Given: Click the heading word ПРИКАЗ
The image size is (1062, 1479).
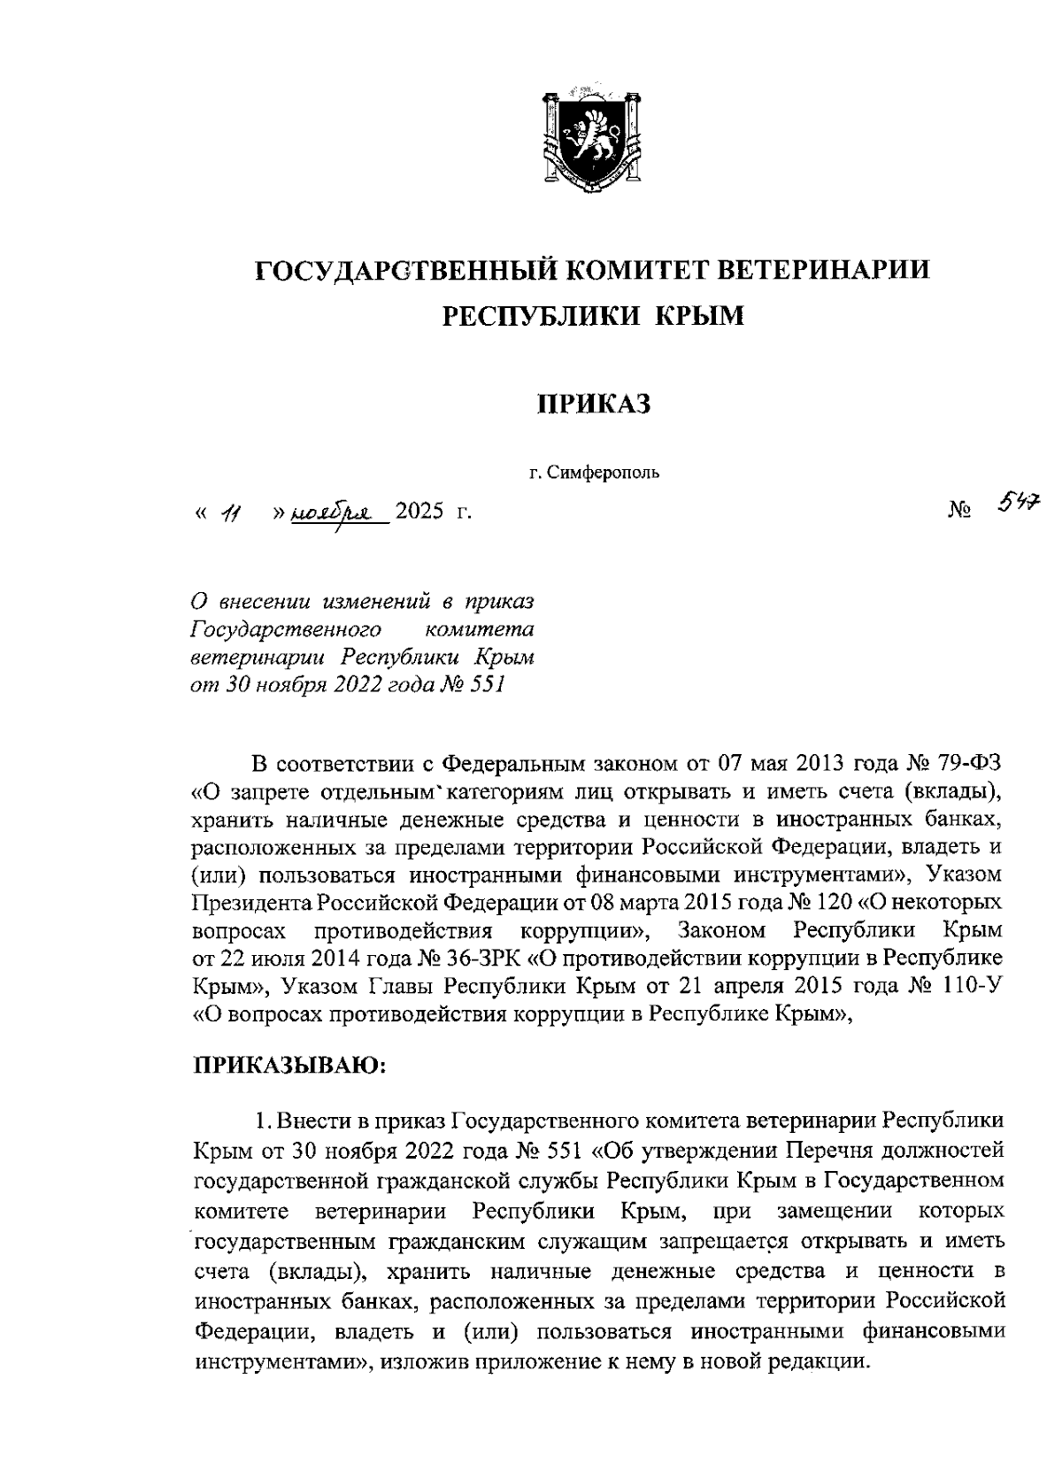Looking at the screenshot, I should [595, 404].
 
